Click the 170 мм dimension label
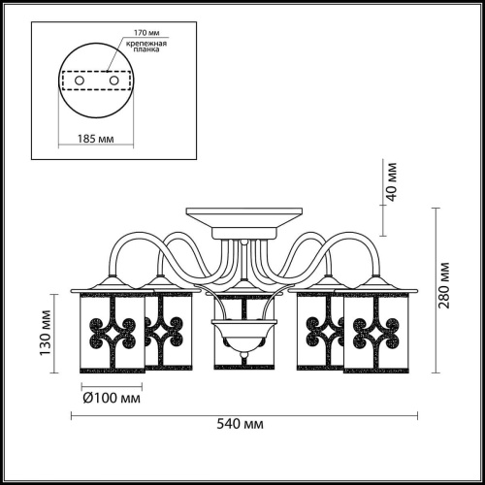146,33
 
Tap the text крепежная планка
146,47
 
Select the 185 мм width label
95,139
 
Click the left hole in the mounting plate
80,80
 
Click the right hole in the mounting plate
113,80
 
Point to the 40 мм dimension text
392,182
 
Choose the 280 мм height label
444,285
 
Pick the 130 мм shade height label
46,333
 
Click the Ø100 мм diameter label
112,398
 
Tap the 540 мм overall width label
240,423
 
